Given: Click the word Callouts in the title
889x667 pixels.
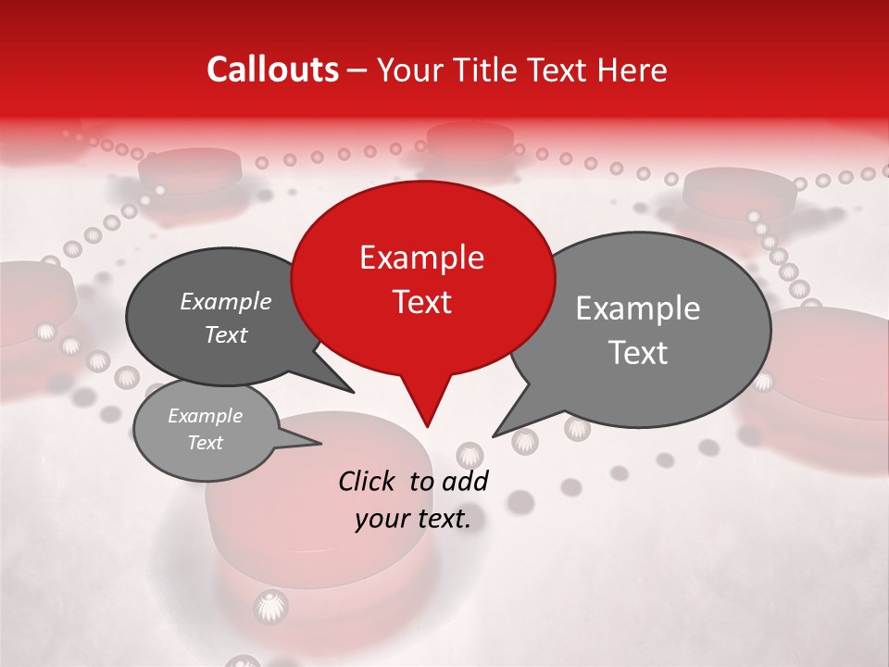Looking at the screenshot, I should click(272, 69).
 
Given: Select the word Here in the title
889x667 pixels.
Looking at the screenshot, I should click(632, 69).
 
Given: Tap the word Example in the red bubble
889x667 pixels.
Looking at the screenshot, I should click(421, 258).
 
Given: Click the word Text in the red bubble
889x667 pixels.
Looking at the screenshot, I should click(421, 301).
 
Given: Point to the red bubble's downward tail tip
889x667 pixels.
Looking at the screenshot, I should click(427, 425).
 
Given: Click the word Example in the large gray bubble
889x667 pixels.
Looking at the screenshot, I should click(638, 308).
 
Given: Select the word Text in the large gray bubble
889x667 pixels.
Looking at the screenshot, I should click(638, 353).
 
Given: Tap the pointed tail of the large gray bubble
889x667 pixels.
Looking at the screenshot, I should click(495, 434).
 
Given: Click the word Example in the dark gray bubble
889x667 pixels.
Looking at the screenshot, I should click(226, 301).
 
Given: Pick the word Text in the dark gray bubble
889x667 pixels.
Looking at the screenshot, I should click(226, 334).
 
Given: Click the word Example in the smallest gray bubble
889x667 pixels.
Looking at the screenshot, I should click(205, 416).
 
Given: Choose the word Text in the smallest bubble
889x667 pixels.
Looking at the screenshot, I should click(205, 443).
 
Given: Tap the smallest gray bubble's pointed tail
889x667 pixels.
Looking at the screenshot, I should click(319, 443).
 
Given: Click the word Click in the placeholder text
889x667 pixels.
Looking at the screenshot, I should click(367, 480).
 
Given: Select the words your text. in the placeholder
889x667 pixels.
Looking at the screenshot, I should click(413, 519).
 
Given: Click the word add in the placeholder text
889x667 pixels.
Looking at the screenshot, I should click(466, 480).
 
